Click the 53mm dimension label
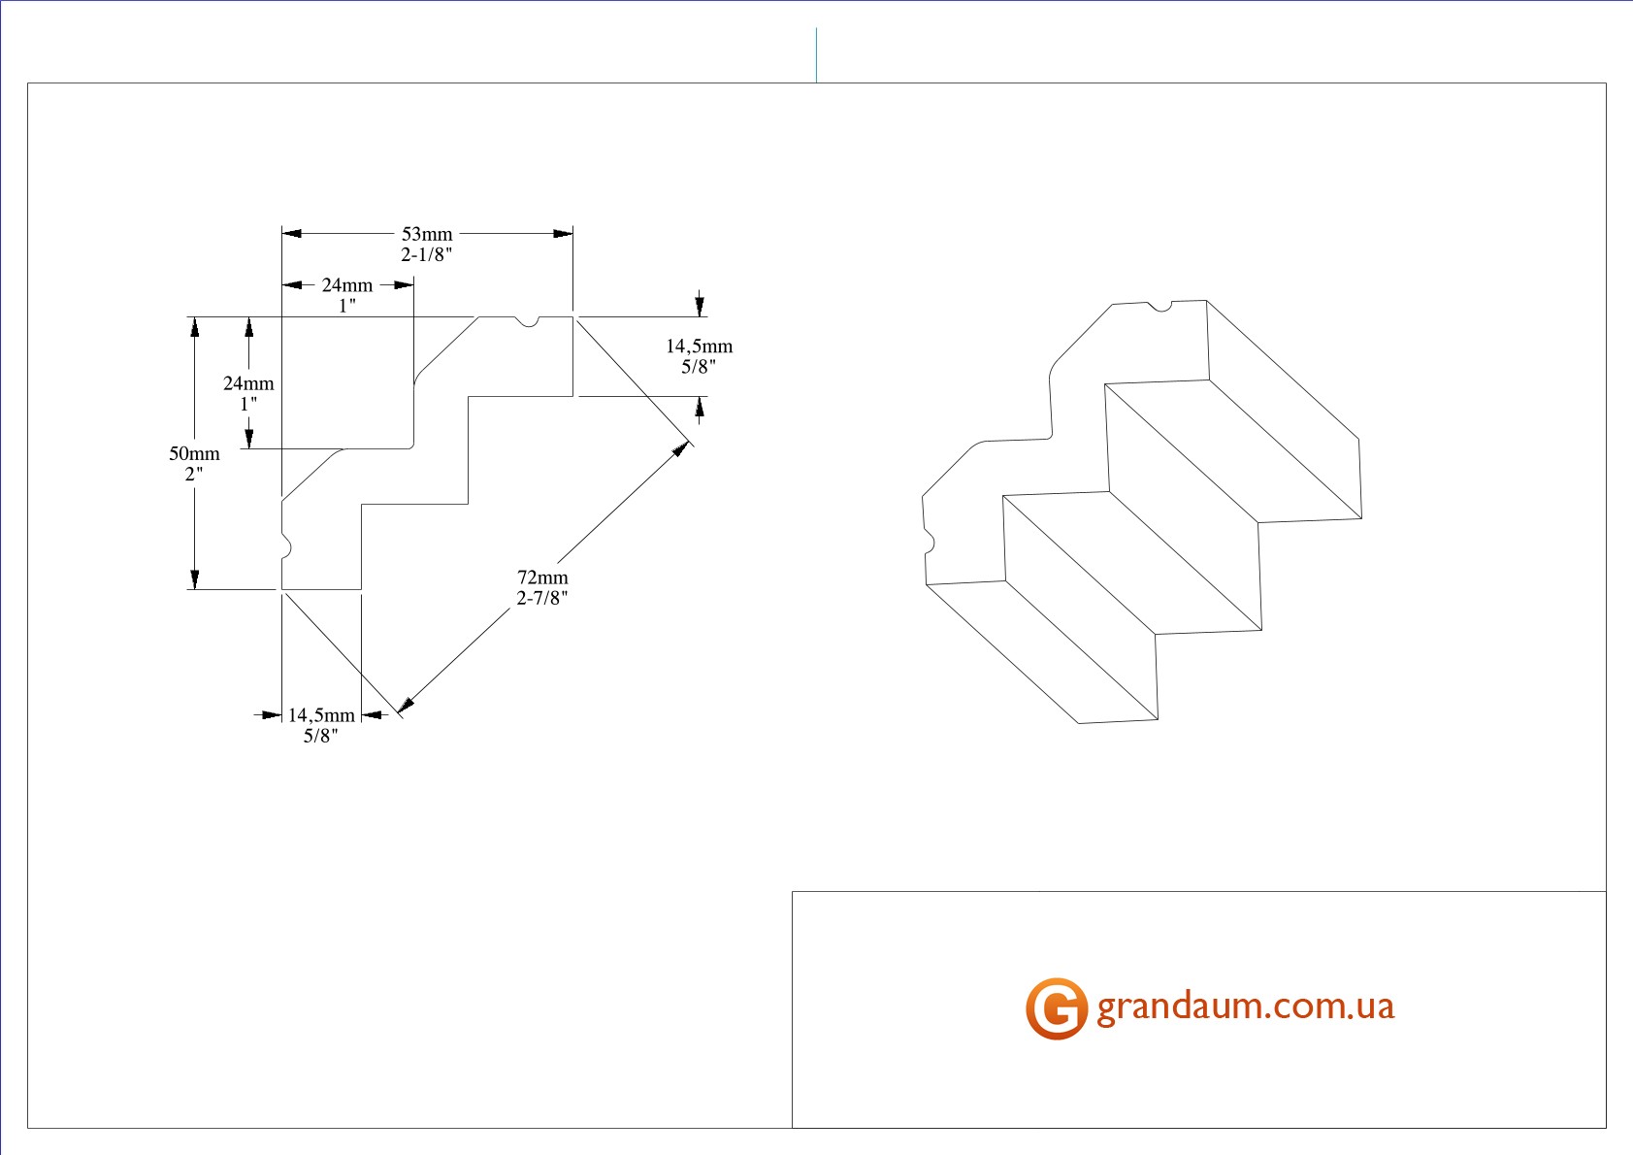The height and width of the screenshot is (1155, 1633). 427,234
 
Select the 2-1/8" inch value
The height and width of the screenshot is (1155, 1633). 427,255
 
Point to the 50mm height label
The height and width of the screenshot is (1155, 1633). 194,453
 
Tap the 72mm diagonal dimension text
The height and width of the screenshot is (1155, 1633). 542,577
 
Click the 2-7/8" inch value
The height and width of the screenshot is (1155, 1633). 541,598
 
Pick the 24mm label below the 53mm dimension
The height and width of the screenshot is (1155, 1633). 347,285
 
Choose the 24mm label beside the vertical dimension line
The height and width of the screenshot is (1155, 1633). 248,383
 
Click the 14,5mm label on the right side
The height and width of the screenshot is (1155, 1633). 699,346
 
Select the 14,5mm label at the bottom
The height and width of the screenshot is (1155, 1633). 321,715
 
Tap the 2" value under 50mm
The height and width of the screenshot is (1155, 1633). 194,475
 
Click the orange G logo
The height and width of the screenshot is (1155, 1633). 1056,1008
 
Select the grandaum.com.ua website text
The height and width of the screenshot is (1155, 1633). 1245,1006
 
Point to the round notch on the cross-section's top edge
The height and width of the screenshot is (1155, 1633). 526,321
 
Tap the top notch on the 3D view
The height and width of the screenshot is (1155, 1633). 1159,308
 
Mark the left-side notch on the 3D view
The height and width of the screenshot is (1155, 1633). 928,540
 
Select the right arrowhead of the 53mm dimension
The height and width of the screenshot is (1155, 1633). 563,234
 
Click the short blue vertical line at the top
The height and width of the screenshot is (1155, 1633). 816,55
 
